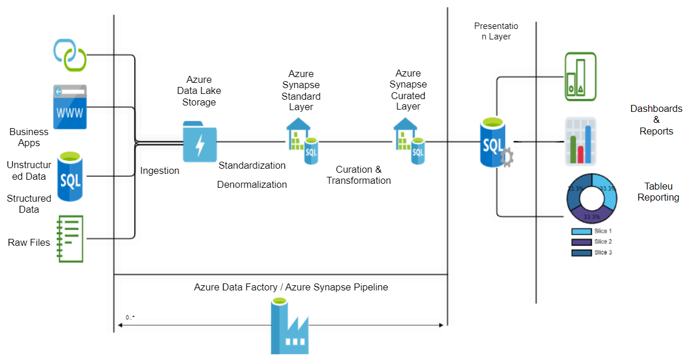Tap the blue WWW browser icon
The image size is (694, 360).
(70, 107)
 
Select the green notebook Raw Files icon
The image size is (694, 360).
(70, 239)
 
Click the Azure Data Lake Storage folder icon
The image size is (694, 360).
(200, 141)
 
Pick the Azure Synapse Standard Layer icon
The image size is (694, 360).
(302, 141)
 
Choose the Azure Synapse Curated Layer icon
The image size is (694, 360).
(409, 141)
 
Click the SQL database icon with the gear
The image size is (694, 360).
(496, 143)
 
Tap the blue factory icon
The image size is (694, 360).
(290, 325)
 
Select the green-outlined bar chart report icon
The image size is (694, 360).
(580, 77)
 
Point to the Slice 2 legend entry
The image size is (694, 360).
(592, 242)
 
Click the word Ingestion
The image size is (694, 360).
(160, 170)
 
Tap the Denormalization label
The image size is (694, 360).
(252, 185)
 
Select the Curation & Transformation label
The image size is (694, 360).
(359, 175)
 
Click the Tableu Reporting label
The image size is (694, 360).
(658, 192)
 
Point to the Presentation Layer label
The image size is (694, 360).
(496, 31)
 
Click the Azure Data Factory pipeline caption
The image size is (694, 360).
(291, 287)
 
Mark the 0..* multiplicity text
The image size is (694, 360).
(130, 318)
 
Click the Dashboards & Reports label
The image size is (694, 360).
(656, 120)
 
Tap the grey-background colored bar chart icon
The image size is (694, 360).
(580, 141)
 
